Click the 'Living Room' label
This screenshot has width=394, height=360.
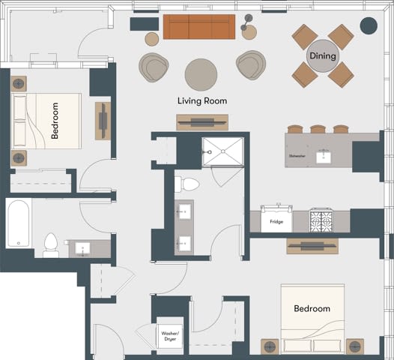[x=201, y=100]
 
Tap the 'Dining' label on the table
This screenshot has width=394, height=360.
[x=323, y=56]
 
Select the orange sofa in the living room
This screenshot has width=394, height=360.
[x=196, y=28]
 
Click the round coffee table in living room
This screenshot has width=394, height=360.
[x=201, y=73]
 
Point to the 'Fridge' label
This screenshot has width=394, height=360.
[x=276, y=222]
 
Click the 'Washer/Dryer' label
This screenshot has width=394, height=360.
[x=169, y=335]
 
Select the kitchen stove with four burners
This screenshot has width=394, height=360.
[x=320, y=221]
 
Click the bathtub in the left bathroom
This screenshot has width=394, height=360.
[x=19, y=223]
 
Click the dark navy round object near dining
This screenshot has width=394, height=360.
[x=369, y=25]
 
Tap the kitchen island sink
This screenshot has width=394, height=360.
[x=324, y=155]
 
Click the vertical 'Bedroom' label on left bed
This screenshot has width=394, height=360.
[x=55, y=121]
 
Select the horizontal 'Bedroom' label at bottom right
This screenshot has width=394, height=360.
[x=312, y=308]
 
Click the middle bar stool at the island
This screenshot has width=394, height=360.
[x=318, y=129]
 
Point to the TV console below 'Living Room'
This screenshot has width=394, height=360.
[x=202, y=121]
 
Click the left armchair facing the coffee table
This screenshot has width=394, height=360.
[x=154, y=67]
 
